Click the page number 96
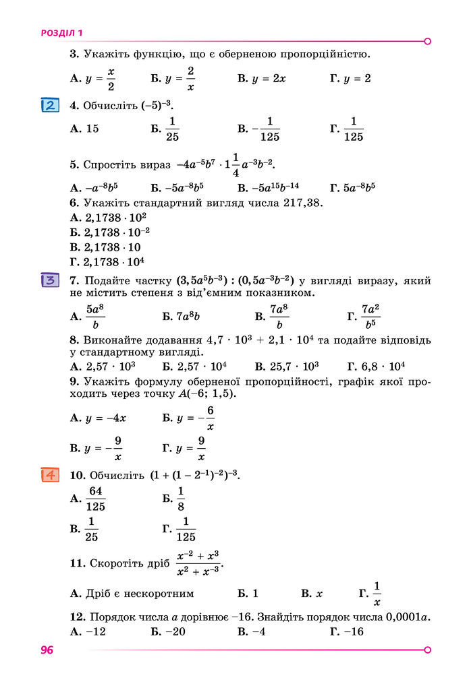click(47, 650)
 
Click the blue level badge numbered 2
click(49, 106)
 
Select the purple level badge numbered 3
click(49, 280)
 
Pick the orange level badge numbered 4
click(49, 475)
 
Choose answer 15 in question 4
click(92, 128)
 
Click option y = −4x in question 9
click(107, 418)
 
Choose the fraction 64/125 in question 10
click(96, 499)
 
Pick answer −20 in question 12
click(174, 631)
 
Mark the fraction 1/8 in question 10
click(181, 499)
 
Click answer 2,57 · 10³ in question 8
click(111, 367)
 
